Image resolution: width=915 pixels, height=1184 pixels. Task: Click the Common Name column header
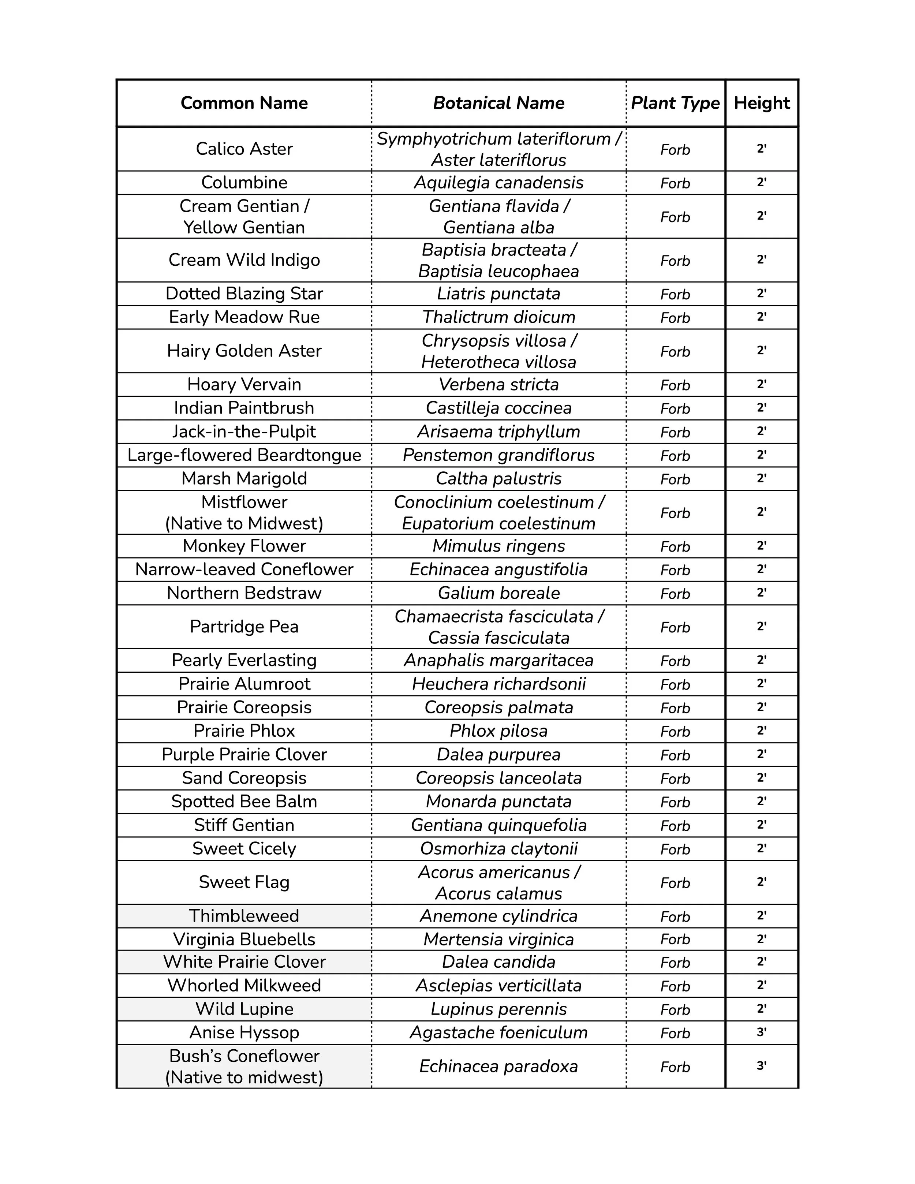244,103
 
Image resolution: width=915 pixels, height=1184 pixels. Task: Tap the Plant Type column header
675,103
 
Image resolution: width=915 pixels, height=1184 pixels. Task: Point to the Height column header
762,103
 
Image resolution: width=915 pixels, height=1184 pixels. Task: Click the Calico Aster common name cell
244,149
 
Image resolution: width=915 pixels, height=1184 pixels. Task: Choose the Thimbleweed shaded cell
244,916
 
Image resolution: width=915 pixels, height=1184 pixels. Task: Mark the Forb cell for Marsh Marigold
675,479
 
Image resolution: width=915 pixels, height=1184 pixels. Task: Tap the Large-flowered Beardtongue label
244,455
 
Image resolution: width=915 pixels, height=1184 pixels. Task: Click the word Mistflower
244,502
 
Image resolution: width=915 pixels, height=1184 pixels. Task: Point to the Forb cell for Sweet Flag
675,883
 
